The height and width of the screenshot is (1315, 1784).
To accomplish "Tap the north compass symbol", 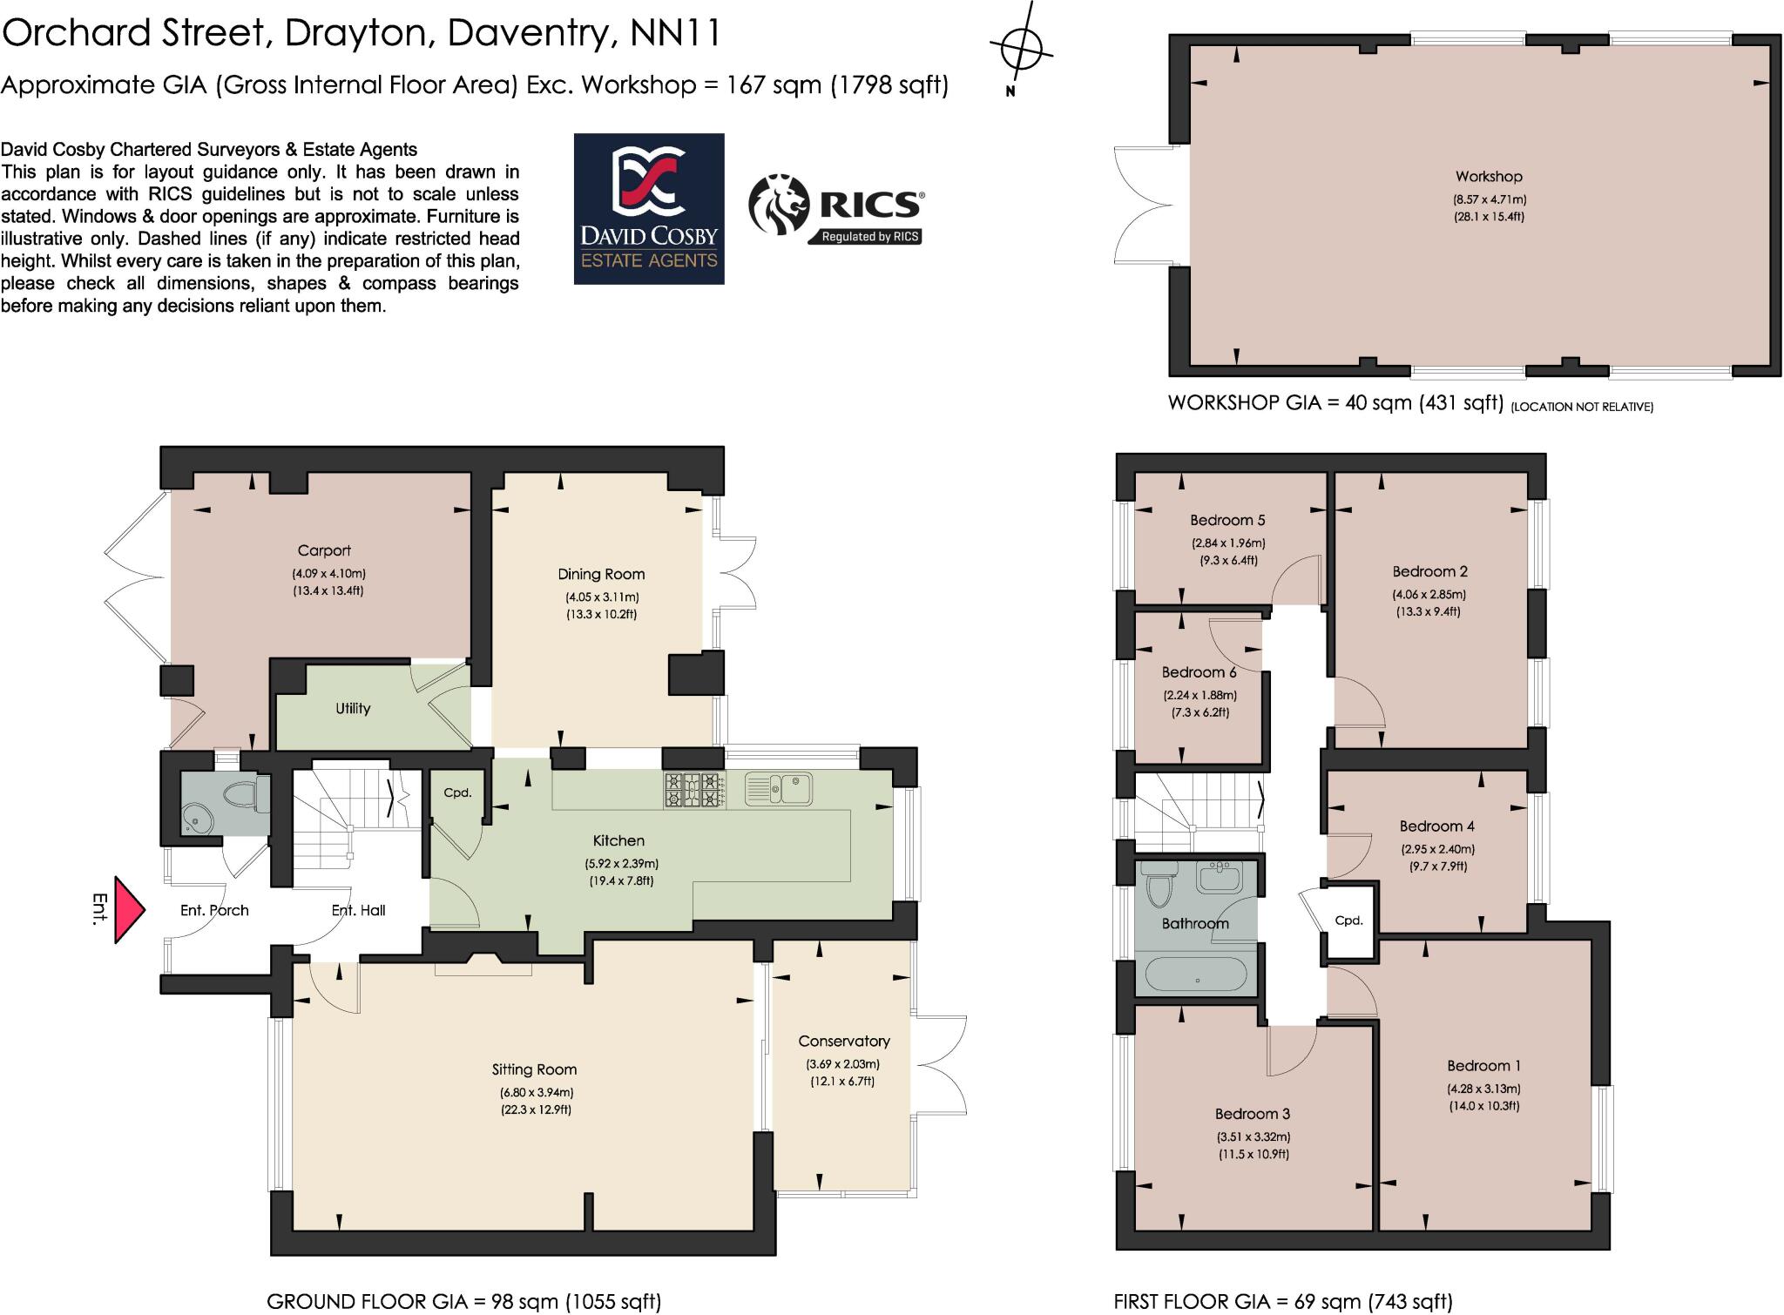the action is (x=1022, y=48).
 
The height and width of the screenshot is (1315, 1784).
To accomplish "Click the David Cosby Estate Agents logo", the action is (x=649, y=209).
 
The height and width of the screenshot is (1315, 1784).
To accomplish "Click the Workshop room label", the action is (x=1489, y=177).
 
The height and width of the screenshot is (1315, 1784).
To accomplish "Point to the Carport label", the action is (x=324, y=550).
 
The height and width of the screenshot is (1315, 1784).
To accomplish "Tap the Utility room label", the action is (x=353, y=709).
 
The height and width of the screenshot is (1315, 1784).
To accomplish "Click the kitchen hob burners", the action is (x=694, y=790).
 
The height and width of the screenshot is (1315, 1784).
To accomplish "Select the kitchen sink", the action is (x=779, y=789).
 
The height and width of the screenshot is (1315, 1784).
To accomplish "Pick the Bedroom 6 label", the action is (x=1199, y=672).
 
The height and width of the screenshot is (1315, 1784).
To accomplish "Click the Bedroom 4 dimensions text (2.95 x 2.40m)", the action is (x=1437, y=849).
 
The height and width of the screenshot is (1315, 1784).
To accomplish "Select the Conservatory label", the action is (x=844, y=1041).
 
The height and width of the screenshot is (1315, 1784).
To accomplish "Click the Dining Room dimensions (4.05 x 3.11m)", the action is (x=602, y=597).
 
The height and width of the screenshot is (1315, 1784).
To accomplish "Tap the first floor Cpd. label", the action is (x=1348, y=920).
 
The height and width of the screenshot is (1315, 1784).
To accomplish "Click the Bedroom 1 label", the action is (x=1484, y=1066).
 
